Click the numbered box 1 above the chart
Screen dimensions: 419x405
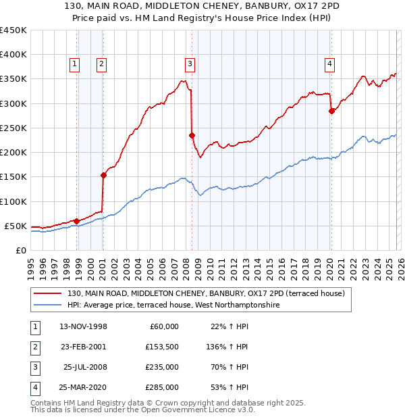click(x=74, y=64)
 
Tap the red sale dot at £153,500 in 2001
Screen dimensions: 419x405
click(x=103, y=175)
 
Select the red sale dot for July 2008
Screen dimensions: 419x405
click(x=192, y=135)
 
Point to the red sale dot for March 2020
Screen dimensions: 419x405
click(x=331, y=111)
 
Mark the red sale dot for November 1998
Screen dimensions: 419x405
click(x=76, y=221)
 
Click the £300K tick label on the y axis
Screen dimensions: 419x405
click(x=13, y=103)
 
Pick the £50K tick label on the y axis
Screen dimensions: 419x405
click(x=16, y=226)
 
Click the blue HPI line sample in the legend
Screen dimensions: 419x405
click(x=49, y=305)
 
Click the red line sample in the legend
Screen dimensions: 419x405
click(x=49, y=293)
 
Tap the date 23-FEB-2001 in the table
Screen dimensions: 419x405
click(x=83, y=347)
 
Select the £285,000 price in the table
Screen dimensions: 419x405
click(x=163, y=387)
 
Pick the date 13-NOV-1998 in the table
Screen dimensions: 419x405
click(x=83, y=326)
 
